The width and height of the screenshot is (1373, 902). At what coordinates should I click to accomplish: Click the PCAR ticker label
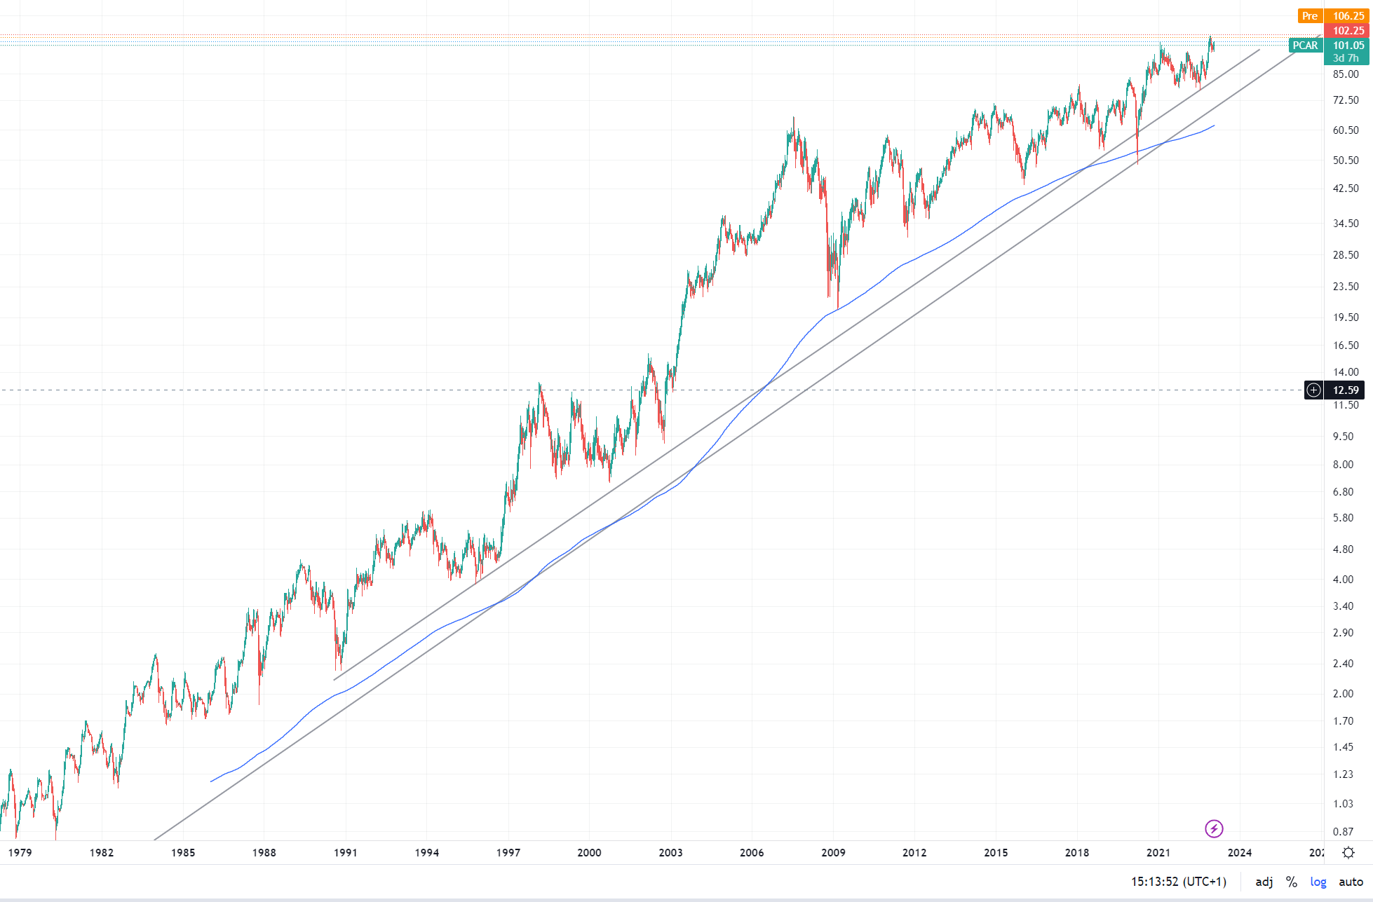(x=1305, y=46)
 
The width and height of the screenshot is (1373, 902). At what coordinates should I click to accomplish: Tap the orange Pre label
(x=1309, y=16)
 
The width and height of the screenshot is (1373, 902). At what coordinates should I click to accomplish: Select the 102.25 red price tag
(x=1348, y=31)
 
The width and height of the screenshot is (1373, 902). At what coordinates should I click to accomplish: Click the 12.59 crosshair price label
(x=1345, y=390)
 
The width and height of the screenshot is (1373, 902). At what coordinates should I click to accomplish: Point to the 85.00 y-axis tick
(x=1346, y=74)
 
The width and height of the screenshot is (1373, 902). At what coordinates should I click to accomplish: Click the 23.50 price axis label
(x=1346, y=286)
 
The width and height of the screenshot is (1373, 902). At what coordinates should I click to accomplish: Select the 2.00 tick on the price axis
(x=1343, y=693)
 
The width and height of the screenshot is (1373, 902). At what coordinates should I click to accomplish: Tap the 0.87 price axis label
(x=1343, y=832)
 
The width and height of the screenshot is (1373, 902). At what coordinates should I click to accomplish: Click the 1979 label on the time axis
(x=20, y=852)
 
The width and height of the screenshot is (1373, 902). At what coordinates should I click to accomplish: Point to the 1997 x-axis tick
(x=508, y=852)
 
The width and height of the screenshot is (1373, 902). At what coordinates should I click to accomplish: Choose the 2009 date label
(x=833, y=852)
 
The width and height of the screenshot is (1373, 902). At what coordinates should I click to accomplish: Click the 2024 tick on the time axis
(x=1239, y=852)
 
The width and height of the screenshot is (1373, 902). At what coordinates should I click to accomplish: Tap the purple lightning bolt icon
(x=1214, y=829)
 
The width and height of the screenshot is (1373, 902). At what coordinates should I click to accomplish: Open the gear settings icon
(x=1348, y=852)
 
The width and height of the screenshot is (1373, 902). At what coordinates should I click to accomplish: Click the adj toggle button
(x=1264, y=882)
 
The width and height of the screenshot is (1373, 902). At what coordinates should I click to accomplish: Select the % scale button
(x=1291, y=882)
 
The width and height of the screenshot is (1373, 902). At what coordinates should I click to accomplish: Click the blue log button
(x=1318, y=882)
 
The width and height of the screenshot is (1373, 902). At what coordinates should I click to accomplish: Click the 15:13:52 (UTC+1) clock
(x=1178, y=882)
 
